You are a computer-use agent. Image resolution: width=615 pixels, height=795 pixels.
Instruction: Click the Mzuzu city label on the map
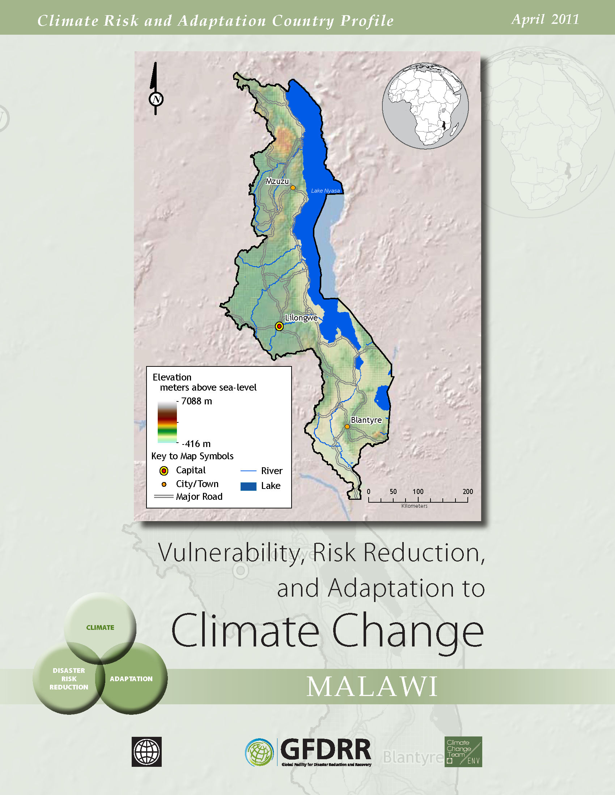pyautogui.click(x=277, y=181)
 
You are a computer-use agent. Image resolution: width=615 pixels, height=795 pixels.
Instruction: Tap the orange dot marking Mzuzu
pyautogui.click(x=293, y=188)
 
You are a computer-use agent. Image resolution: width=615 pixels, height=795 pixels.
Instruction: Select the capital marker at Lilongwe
pyautogui.click(x=279, y=326)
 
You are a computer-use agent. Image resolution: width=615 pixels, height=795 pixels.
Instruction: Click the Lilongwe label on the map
pyautogui.click(x=301, y=318)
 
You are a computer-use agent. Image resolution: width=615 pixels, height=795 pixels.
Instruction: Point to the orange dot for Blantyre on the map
pyautogui.click(x=347, y=427)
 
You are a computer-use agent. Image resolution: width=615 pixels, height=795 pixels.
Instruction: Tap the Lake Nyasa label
pyautogui.click(x=325, y=191)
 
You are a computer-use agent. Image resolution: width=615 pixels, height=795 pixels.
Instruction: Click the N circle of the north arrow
pyautogui.click(x=156, y=99)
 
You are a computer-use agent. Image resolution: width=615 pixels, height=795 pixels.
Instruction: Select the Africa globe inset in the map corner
pyautogui.click(x=425, y=106)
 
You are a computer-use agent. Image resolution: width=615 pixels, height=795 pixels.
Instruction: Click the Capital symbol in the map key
pyautogui.click(x=164, y=471)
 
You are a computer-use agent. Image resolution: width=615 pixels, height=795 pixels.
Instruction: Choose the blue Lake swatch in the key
pyautogui.click(x=249, y=486)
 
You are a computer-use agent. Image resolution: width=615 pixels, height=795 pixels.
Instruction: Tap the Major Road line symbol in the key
pyautogui.click(x=164, y=497)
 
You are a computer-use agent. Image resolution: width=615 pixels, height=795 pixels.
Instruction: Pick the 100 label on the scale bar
pyautogui.click(x=418, y=491)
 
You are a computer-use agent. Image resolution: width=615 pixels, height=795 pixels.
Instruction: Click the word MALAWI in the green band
pyautogui.click(x=372, y=687)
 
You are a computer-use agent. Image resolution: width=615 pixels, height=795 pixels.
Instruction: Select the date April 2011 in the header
pyautogui.click(x=545, y=19)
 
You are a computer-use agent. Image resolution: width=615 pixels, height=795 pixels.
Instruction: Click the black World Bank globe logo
pyautogui.click(x=147, y=752)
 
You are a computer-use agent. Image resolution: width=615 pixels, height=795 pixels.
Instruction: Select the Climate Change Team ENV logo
pyautogui.click(x=463, y=752)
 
